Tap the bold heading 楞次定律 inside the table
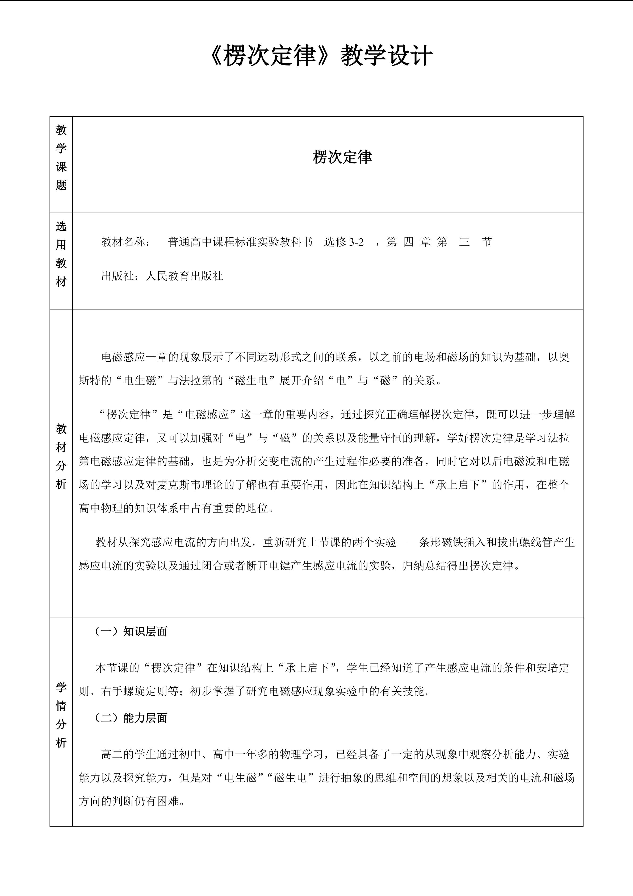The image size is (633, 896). (x=342, y=157)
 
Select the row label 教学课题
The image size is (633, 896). (x=61, y=157)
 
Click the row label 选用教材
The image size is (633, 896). (x=61, y=254)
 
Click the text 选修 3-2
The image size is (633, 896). (x=344, y=242)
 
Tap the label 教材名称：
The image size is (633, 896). (x=125, y=242)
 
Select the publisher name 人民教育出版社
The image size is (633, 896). (x=184, y=276)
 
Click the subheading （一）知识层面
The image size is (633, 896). (x=131, y=631)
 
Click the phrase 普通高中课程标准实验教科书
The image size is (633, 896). (x=240, y=242)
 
